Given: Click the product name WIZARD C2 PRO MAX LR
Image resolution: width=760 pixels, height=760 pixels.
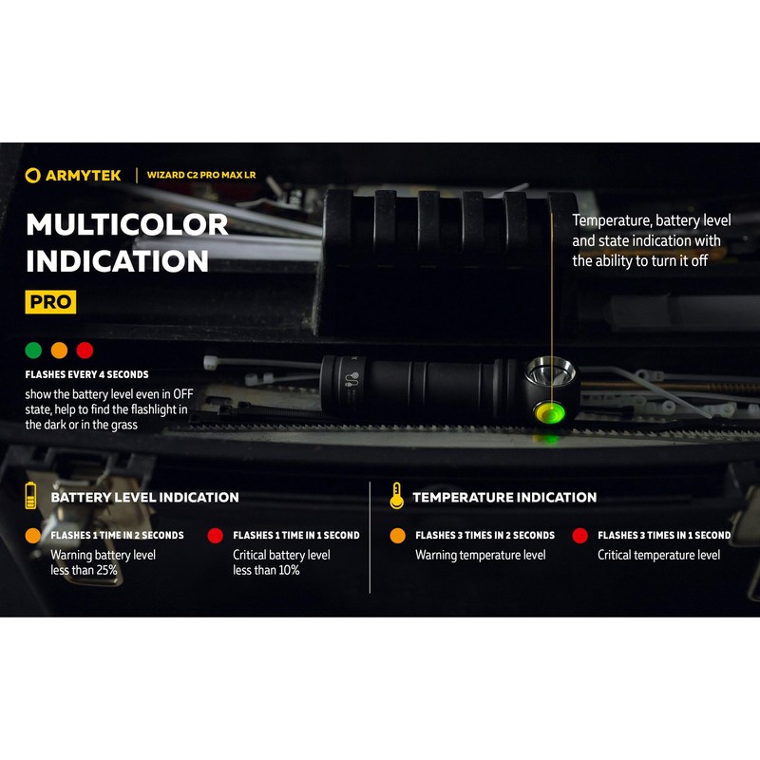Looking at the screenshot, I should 200,175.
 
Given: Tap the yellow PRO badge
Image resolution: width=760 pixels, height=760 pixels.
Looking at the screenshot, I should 50,302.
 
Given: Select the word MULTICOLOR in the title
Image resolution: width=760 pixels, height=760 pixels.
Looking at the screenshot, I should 126,224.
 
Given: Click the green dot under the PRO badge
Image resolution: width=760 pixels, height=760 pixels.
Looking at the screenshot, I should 33,350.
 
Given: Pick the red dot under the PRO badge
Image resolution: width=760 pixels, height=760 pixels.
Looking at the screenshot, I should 85,350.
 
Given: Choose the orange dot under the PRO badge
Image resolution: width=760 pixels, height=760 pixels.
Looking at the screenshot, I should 60,350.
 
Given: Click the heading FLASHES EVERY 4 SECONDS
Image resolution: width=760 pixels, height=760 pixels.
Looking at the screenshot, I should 86,375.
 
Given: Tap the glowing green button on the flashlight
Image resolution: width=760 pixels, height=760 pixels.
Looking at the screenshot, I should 548,413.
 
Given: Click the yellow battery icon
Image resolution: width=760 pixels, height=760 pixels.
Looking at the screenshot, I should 31,496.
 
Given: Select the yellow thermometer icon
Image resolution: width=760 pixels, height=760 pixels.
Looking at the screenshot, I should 396,496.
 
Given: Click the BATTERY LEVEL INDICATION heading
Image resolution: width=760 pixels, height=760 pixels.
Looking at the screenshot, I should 144,497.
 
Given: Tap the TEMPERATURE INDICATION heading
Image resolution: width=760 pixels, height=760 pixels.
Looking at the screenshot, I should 504,497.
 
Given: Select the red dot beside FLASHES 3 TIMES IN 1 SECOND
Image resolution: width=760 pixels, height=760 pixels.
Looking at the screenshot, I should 579,536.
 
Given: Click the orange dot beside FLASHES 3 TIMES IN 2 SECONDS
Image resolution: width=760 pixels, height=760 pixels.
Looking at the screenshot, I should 397,536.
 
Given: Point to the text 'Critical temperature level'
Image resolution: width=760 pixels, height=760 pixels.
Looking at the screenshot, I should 658,555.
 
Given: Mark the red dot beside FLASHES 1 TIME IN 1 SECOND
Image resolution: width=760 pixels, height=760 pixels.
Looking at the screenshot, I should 215,536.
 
